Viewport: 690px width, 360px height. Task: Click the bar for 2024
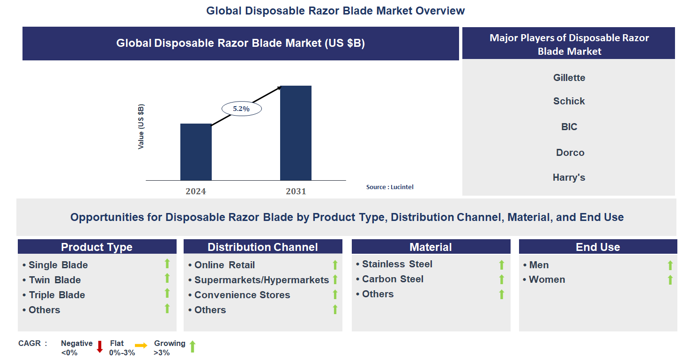pos(196,152)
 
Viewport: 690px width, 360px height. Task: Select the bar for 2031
pos(296,133)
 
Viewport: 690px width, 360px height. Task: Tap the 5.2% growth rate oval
pos(241,109)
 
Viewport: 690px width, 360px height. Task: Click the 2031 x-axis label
pos(296,191)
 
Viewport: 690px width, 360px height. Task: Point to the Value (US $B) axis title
pos(141,127)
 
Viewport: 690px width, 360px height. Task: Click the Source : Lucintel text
pos(390,187)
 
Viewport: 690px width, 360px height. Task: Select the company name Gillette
pos(569,78)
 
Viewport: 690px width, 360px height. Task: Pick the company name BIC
pos(569,127)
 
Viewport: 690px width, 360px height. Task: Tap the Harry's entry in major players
pos(569,177)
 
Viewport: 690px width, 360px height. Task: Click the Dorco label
pos(570,153)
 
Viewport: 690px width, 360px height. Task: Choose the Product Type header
pos(97,247)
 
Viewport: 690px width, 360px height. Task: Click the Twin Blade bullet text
pos(55,280)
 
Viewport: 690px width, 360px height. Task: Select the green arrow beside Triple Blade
pos(167,294)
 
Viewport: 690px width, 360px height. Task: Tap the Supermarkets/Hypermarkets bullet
pos(261,280)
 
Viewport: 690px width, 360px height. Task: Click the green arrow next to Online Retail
pos(335,265)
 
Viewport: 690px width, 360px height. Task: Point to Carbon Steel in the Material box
pos(393,279)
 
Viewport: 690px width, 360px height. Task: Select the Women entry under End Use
pos(547,279)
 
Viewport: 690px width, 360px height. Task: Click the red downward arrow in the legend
pos(100,347)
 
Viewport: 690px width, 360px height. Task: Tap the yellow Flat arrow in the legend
pos(141,345)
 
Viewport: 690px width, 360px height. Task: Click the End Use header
pos(598,247)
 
